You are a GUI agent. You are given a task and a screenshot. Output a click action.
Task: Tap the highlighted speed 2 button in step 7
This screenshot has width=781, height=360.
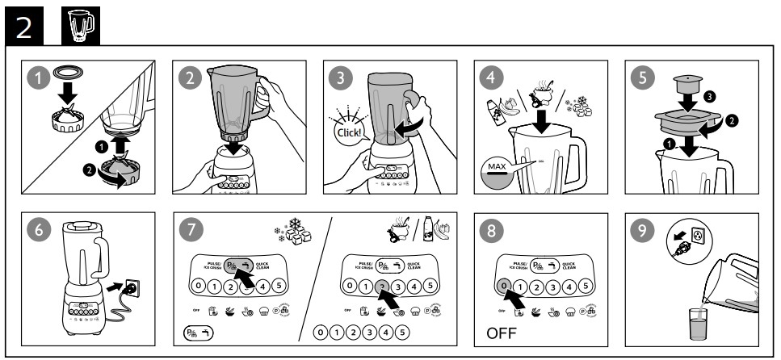tap(383, 287)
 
